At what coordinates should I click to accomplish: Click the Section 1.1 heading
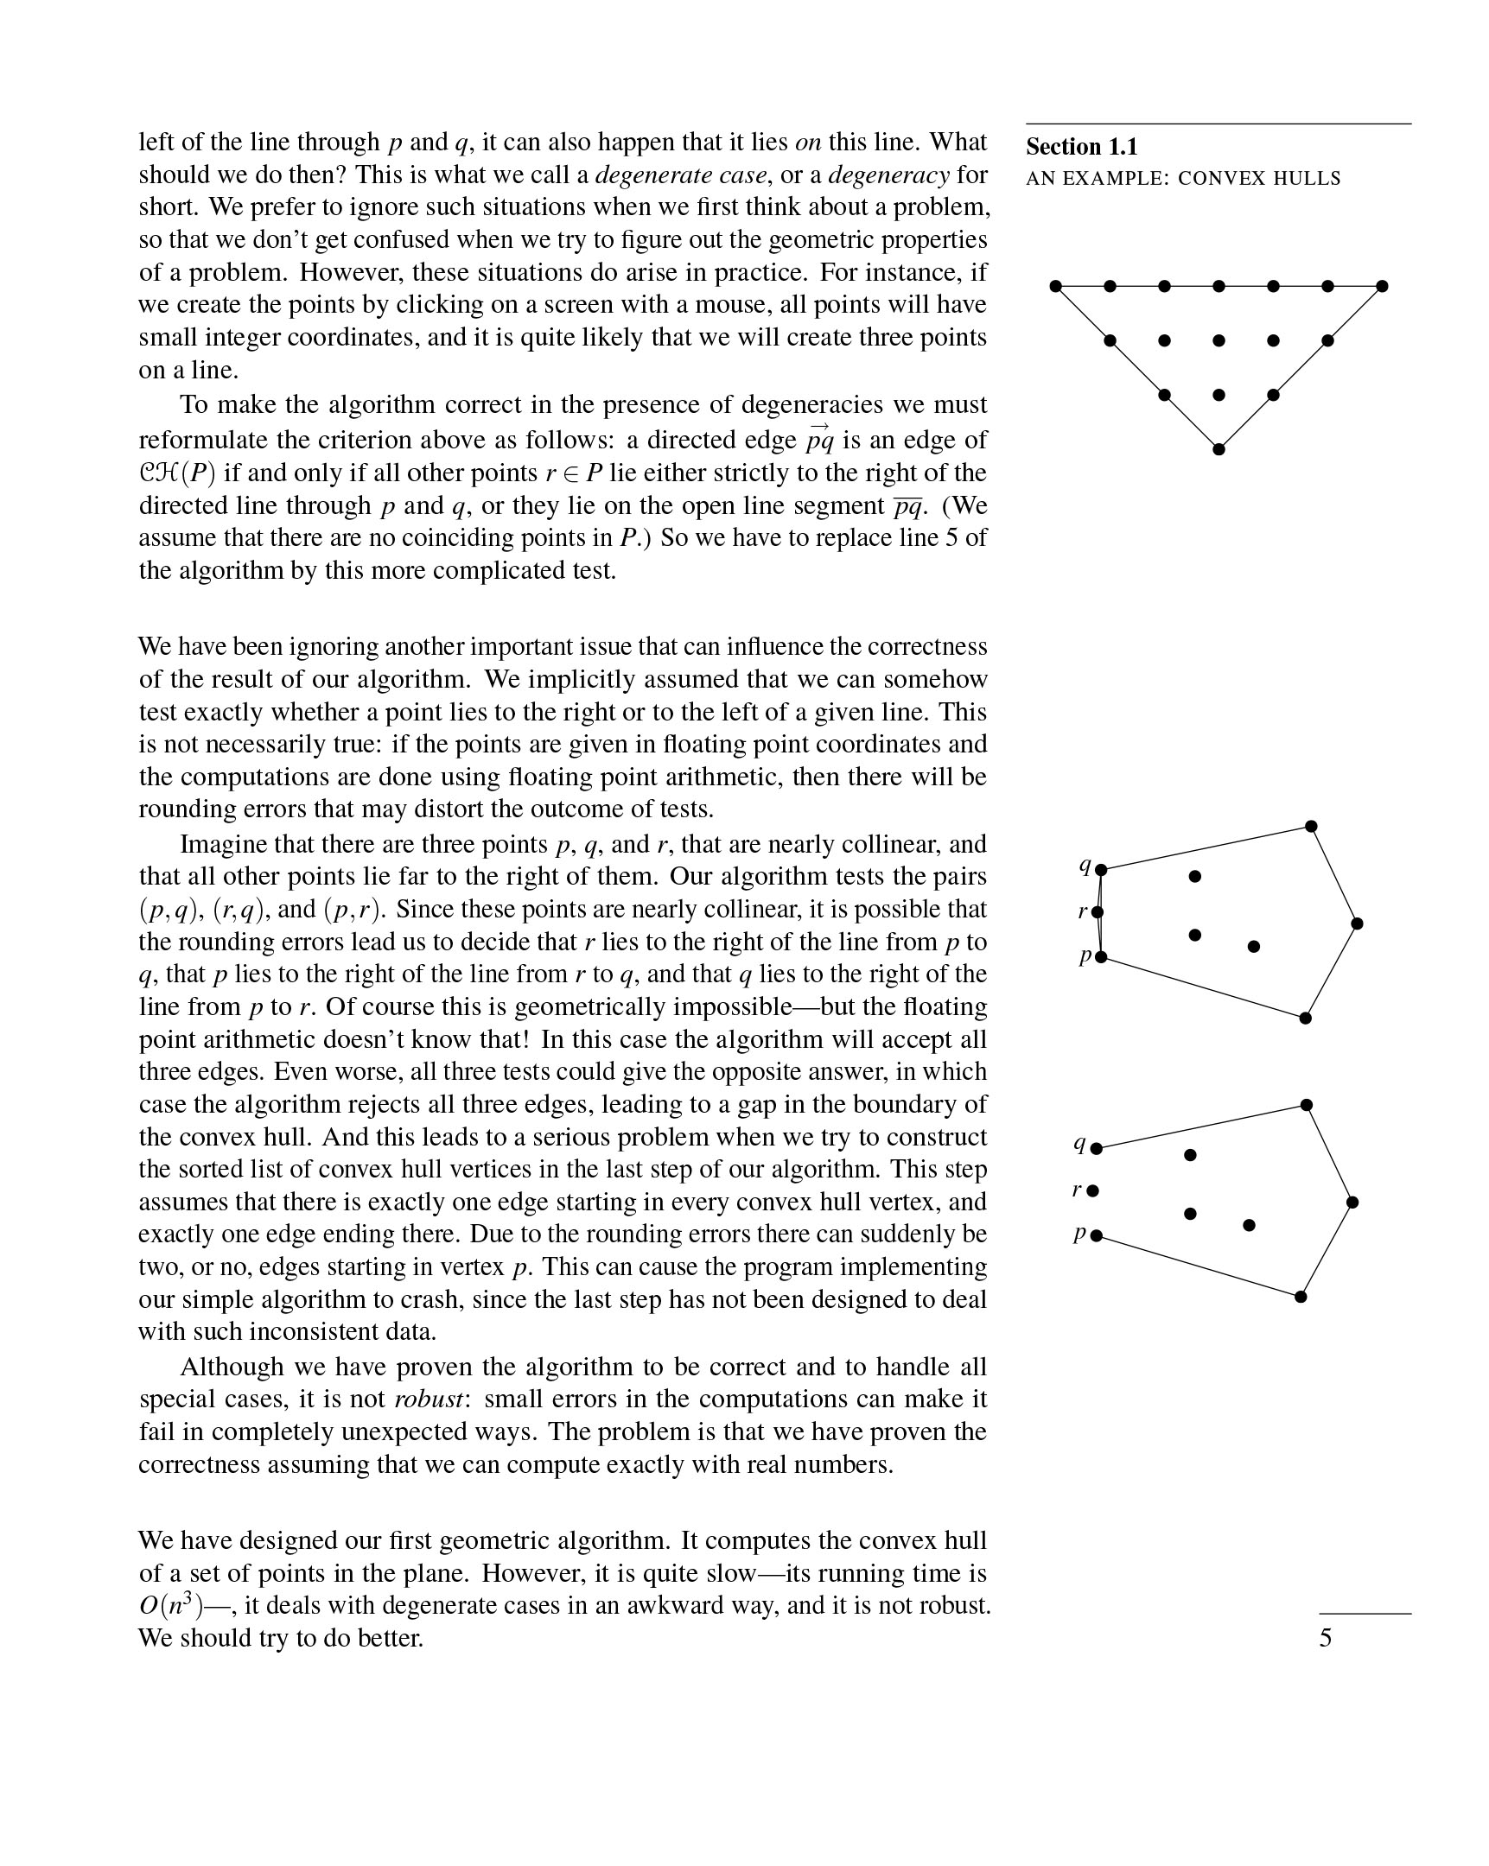[1081, 147]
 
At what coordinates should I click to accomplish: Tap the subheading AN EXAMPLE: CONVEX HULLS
[1182, 179]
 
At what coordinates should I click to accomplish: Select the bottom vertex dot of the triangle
[1219, 449]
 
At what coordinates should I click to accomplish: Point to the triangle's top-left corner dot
[1055, 286]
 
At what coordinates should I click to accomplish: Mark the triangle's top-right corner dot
[1382, 286]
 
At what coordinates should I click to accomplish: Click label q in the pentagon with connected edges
[1084, 864]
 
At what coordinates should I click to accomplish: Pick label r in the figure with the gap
[1076, 1190]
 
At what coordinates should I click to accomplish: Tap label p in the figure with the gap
[1079, 1234]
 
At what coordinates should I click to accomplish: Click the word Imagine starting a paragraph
[223, 844]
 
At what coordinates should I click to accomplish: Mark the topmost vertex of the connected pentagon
[1311, 827]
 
